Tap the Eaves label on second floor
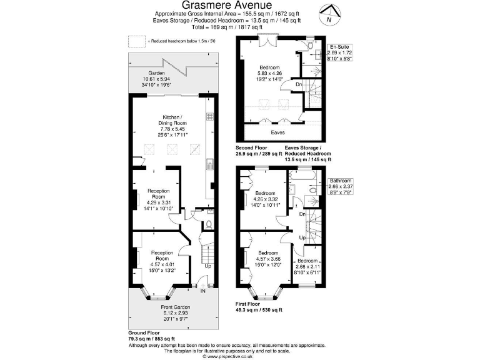click(278, 132)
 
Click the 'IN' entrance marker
click(202, 290)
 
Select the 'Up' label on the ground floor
click(207, 265)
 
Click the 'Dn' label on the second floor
click(300, 84)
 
